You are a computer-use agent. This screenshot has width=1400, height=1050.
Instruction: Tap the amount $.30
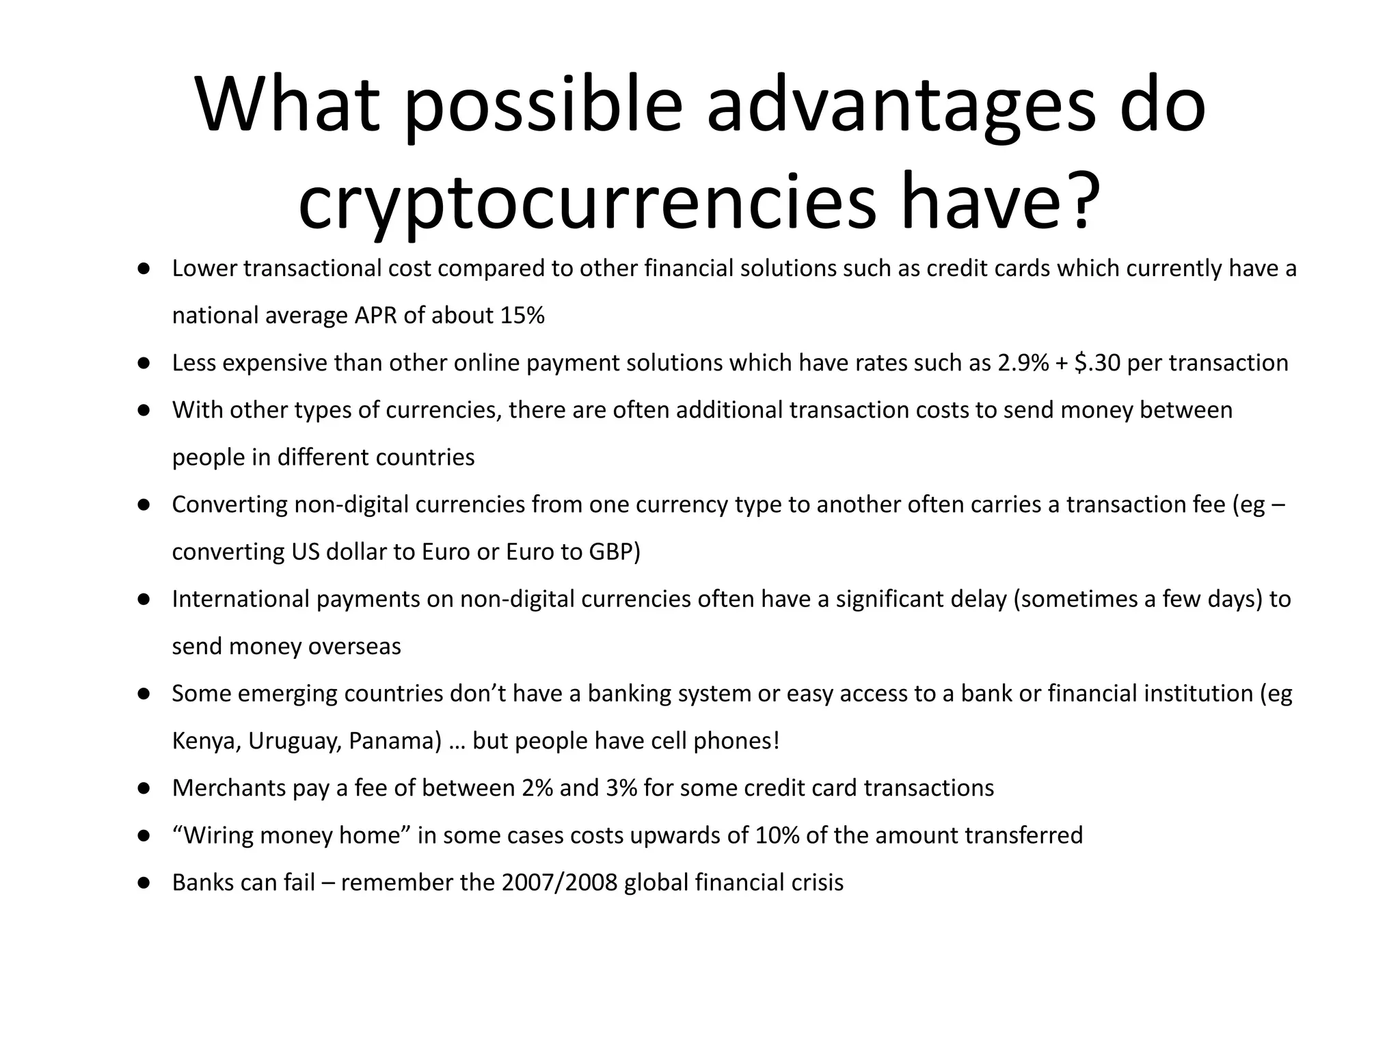(1097, 363)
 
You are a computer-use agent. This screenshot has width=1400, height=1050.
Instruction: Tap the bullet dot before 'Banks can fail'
(144, 883)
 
